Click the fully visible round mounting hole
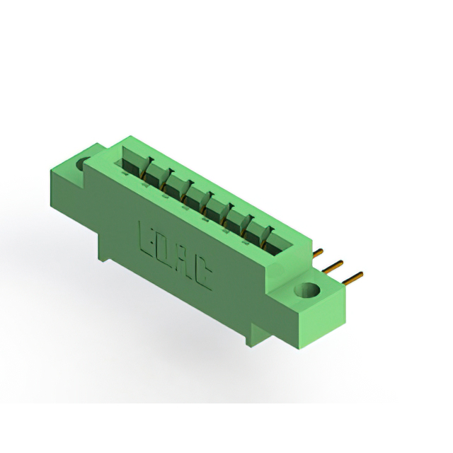coord(306,289)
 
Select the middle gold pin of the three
coord(332,266)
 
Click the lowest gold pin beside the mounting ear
coord(352,277)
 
